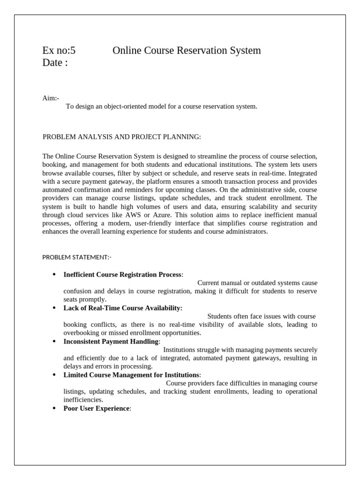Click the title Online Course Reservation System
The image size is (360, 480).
point(187,51)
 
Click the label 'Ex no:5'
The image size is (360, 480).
point(59,51)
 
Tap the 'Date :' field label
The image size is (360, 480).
point(55,63)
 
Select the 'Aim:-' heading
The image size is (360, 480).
point(51,98)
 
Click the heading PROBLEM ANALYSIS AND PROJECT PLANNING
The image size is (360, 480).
point(122,137)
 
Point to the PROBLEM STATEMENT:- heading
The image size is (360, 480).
point(77,257)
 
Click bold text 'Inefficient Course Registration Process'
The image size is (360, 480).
point(122,274)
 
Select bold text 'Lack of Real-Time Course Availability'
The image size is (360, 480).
point(122,308)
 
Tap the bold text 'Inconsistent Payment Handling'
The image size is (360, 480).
point(111,342)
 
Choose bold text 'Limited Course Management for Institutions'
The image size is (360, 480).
point(131,375)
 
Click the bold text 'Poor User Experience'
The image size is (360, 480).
point(96,408)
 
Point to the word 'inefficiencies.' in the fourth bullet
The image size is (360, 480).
point(83,400)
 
